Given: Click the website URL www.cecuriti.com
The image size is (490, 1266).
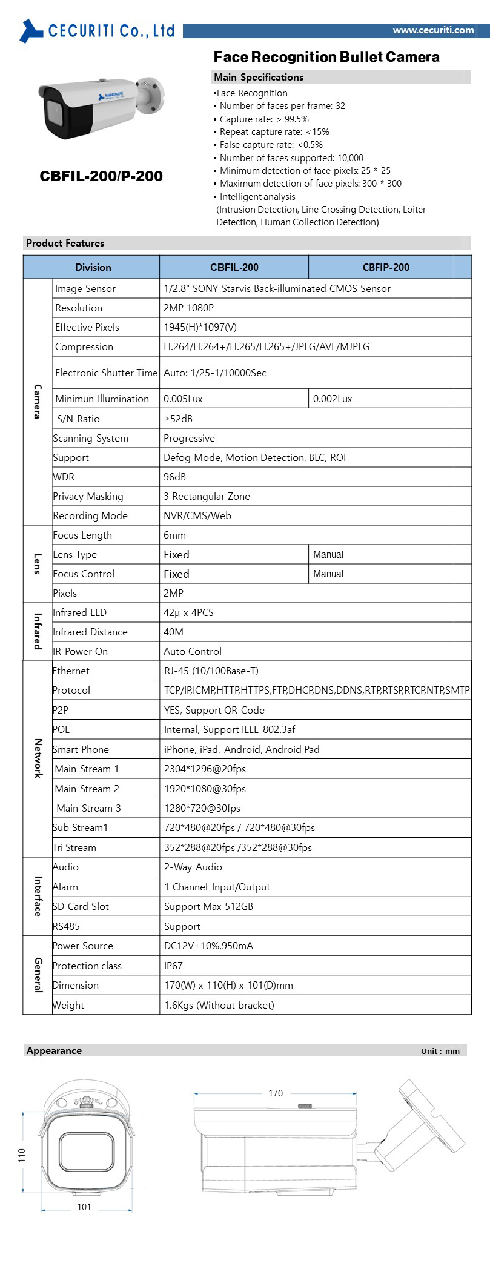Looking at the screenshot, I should pos(433,30).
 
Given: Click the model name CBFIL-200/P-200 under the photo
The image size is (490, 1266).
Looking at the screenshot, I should pos(101,176).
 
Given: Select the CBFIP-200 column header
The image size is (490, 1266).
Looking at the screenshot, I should pos(386,267).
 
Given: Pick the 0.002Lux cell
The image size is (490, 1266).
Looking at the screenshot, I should pos(333,399).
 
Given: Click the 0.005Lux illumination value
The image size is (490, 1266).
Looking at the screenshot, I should pos(183,399).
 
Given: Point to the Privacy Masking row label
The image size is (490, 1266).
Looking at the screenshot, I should pos(88,496).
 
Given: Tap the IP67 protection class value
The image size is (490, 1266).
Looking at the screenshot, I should pos(173,966).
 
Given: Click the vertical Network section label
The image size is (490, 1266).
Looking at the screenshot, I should pos(38,758).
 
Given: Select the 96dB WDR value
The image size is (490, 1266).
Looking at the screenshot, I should pos(174,477).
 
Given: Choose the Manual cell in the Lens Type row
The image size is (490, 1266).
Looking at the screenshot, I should pos(328,554).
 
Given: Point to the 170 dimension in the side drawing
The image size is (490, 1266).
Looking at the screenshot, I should pos(276,1093).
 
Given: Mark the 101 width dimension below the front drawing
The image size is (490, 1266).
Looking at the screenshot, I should pos(84,1207).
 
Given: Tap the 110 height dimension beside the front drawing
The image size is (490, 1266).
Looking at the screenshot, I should pos(22,1155).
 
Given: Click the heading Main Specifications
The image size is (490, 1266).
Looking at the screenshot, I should pos(259,77).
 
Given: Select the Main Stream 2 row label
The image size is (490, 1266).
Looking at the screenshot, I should pos(87,789).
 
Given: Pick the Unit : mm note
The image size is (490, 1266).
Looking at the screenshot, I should pos(440,1051).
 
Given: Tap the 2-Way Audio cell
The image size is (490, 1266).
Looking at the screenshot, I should pos(193,867).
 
